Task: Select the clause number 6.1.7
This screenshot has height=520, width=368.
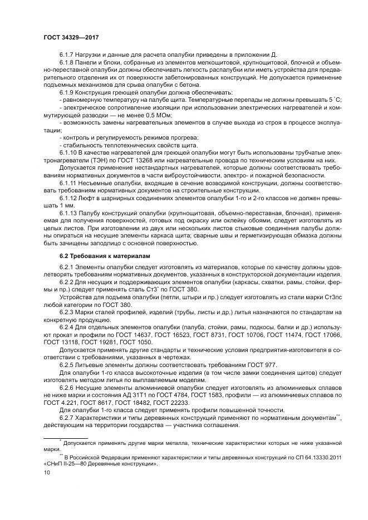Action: [67, 54]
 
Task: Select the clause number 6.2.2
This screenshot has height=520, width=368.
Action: [67, 282]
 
